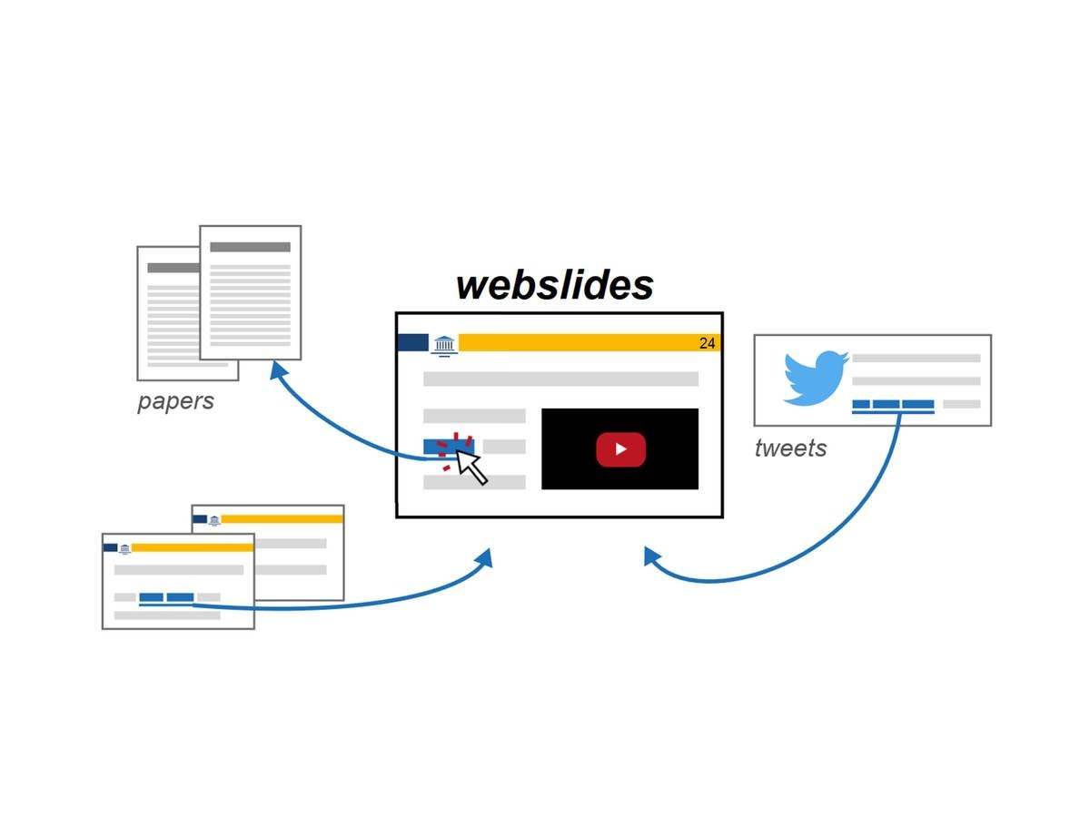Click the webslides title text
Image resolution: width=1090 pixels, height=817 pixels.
click(x=554, y=284)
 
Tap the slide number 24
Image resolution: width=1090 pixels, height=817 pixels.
click(x=707, y=343)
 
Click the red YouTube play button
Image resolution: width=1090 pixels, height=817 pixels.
click(x=620, y=449)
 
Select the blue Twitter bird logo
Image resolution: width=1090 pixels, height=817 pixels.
click(x=816, y=379)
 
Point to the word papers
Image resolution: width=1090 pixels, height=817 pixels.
click(x=175, y=401)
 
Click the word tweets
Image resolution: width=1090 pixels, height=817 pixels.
click(x=790, y=448)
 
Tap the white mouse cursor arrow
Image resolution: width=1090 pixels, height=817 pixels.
click(x=471, y=466)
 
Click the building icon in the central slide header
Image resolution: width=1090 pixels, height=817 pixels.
click(x=444, y=343)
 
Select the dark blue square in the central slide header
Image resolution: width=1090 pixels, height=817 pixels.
click(x=412, y=342)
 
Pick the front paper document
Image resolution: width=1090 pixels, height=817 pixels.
click(x=250, y=292)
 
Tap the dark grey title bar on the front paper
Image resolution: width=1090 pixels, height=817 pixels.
click(x=250, y=247)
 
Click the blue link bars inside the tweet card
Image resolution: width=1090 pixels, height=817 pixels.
click(x=893, y=405)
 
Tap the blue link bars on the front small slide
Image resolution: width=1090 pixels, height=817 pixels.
click(x=166, y=597)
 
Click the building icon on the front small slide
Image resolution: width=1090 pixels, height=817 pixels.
click(x=124, y=548)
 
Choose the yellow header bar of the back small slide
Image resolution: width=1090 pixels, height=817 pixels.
click(x=282, y=519)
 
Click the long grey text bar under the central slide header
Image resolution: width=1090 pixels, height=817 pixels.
click(x=560, y=379)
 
